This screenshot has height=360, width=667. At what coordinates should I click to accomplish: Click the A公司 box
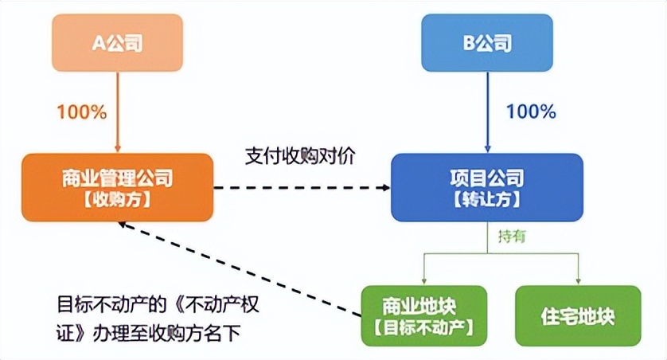pos(118,43)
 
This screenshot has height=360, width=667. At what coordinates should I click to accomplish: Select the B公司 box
pos(487,43)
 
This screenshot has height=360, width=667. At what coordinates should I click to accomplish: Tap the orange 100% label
pos(80,112)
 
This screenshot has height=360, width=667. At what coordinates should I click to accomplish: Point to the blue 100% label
pos(530,112)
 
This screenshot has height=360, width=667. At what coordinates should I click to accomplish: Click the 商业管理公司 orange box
pos(117,188)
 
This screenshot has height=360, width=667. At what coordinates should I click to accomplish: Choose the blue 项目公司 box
pos(486,188)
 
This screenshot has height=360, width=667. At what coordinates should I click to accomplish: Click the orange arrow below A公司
pos(118,112)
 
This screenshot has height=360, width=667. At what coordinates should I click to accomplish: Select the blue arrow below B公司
pos(487,112)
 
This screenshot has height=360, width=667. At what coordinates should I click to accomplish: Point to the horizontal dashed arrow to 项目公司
pos(302,189)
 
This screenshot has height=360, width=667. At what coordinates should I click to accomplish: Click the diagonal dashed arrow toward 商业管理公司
pos(239,266)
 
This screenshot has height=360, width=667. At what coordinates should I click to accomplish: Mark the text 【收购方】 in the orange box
pos(117,200)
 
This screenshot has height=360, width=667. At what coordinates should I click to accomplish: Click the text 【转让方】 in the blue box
pos(486,200)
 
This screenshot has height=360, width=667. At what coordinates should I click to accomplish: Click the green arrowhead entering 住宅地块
pos(578,280)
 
